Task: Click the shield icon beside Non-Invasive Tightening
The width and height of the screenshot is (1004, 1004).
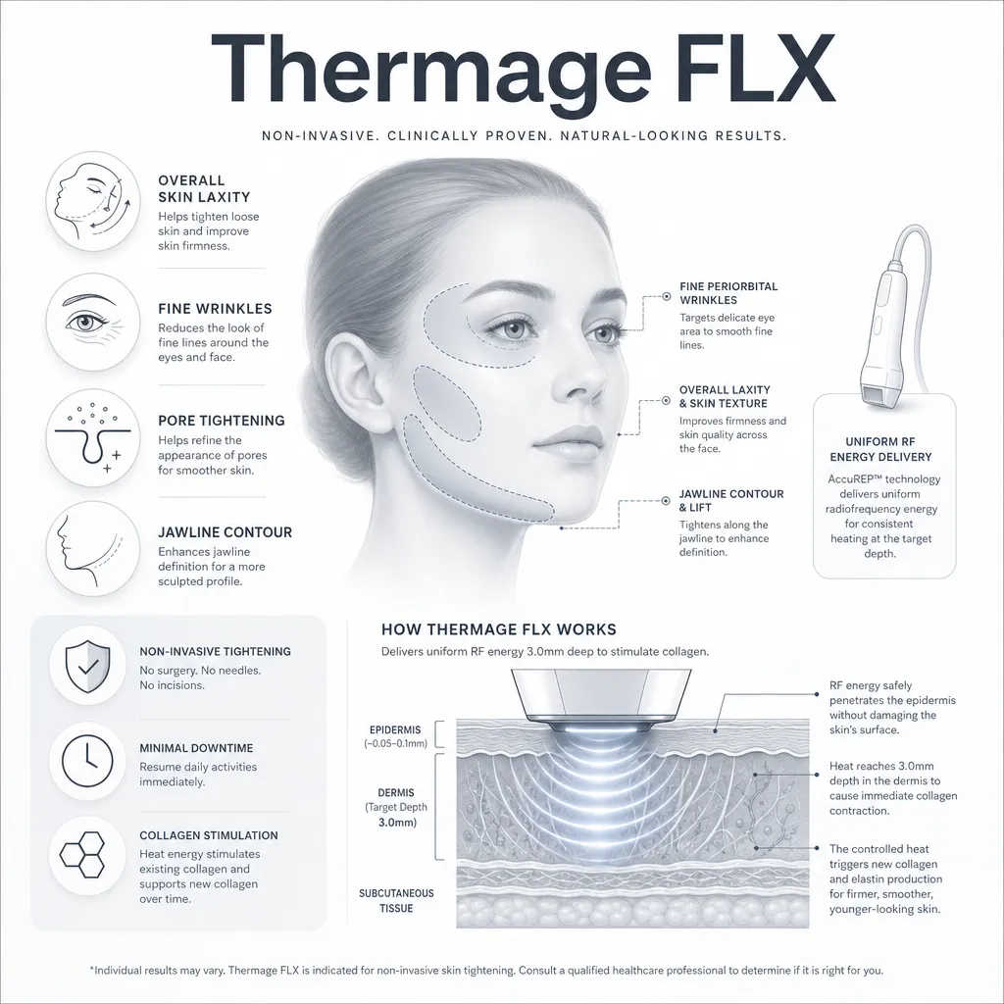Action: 87,666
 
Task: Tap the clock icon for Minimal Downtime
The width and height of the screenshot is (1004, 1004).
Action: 87,761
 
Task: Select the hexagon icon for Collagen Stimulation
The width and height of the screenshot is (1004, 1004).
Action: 82,854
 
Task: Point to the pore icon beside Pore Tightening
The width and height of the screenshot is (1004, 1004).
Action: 93,438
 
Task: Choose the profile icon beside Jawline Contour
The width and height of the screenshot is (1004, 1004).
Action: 88,550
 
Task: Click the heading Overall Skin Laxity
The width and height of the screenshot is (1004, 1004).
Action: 204,189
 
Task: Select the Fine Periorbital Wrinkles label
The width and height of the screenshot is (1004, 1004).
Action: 728,293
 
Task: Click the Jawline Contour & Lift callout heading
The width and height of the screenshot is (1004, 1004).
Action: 731,501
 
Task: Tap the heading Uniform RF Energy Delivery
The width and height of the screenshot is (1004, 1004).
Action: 880,449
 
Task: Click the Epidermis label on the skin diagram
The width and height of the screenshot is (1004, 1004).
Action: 395,729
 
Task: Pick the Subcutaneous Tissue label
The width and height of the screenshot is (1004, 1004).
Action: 396,901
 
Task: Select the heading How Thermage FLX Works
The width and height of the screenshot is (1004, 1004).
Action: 499,629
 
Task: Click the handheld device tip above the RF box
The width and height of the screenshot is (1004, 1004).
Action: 878,393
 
